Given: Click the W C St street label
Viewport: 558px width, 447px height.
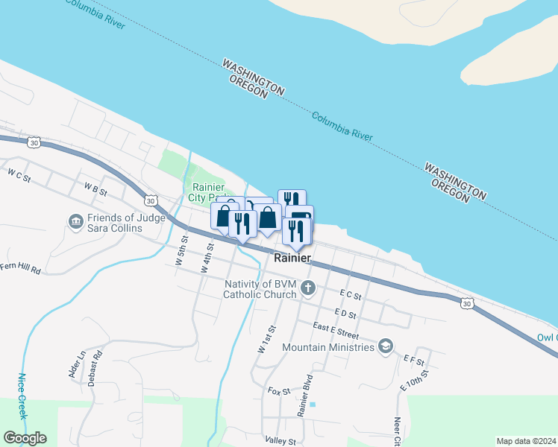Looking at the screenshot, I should coord(19,176).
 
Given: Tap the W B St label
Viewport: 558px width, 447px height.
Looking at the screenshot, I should coord(96,190).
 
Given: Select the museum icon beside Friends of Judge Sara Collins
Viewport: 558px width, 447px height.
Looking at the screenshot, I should coord(75,222).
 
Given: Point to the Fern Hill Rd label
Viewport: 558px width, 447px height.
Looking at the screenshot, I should coord(20,267).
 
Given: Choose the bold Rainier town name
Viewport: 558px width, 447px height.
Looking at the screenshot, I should coord(292,259).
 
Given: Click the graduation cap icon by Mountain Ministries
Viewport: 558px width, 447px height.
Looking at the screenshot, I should coord(386,346).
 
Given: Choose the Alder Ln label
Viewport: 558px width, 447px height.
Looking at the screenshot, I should coord(77,365).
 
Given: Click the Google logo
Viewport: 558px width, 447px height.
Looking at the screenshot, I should coord(25,438).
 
